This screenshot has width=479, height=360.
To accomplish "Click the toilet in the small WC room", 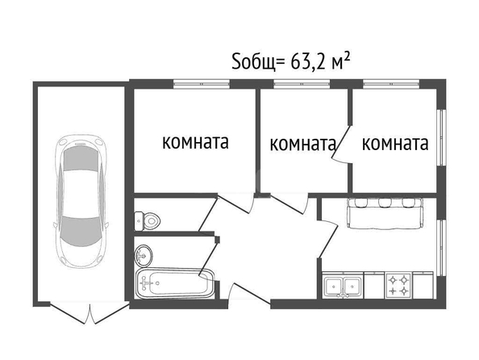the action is click(x=148, y=220).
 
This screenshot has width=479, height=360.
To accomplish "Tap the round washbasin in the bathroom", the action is click(x=144, y=255).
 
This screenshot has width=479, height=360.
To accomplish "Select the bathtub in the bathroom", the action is click(x=175, y=283).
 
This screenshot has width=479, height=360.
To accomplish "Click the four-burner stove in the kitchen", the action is click(x=398, y=286).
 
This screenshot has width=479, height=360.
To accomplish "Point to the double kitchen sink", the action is click(x=343, y=286).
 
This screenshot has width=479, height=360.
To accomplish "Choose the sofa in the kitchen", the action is click(x=385, y=213).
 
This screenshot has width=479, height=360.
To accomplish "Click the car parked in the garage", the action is click(x=82, y=201).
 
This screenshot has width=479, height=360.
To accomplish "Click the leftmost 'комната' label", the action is click(x=195, y=142).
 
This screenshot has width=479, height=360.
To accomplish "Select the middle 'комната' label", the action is click(x=302, y=144).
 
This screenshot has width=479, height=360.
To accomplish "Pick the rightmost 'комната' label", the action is click(x=395, y=143).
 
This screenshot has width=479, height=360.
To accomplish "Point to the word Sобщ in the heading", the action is click(x=253, y=63).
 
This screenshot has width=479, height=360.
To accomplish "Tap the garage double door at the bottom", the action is click(x=90, y=313).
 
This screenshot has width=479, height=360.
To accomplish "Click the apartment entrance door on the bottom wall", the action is click(x=249, y=294).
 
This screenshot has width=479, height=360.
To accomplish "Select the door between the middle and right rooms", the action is click(x=342, y=144).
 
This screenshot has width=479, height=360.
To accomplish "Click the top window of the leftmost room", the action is click(x=202, y=84).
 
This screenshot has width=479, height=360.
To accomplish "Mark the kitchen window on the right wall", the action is click(x=441, y=247).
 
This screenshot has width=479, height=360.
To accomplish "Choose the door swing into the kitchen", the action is click(x=327, y=239).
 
